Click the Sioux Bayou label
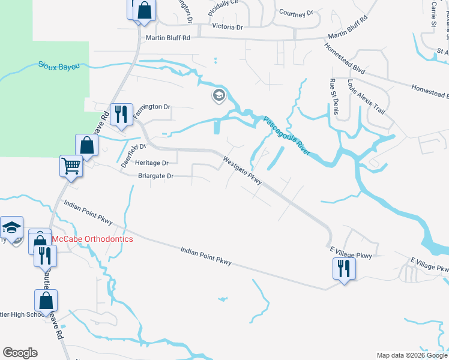tap(59, 66)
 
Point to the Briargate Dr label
tap(155, 176)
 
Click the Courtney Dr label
tap(297, 13)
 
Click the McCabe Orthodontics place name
tap(92, 239)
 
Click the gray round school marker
tap(218, 95)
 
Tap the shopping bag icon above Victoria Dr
tap(143, 10)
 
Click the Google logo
tap(20, 353)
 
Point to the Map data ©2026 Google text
tap(412, 355)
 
